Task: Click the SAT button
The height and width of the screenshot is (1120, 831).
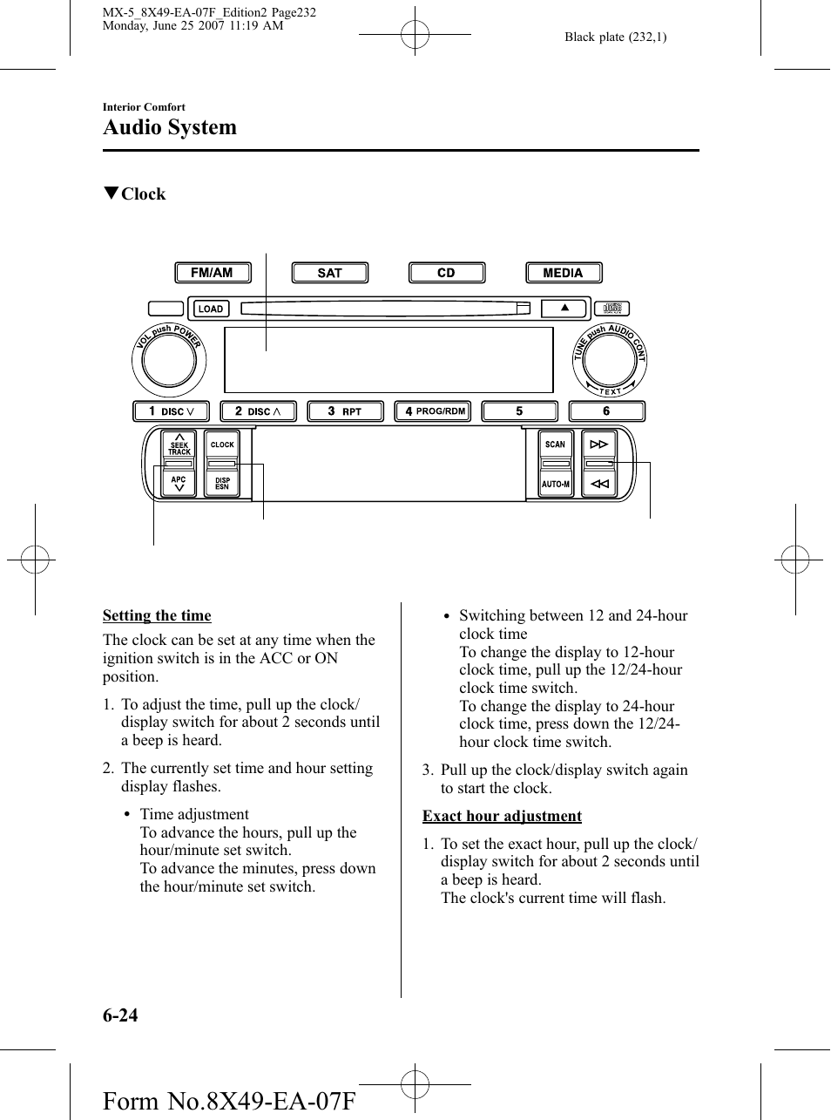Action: coord(329,273)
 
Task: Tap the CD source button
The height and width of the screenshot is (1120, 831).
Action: coord(447,273)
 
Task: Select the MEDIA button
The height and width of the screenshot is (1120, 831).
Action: coord(564,273)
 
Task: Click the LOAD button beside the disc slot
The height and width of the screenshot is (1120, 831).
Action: coord(211,309)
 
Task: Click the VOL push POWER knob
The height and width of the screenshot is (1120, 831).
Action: coord(169,360)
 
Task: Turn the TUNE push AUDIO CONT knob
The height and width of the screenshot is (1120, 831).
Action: coord(610,360)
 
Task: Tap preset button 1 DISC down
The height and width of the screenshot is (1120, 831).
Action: coord(171,411)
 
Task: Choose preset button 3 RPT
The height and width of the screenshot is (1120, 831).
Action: coord(345,411)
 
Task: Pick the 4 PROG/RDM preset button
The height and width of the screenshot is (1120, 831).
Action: coord(433,411)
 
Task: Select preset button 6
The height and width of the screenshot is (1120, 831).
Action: coord(607,411)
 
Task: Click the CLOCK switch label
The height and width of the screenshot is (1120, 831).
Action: coord(222,445)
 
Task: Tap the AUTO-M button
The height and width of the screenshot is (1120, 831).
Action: coord(556,484)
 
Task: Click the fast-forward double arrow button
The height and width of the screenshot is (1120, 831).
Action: coord(598,445)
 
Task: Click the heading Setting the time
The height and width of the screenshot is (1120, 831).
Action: coord(157,615)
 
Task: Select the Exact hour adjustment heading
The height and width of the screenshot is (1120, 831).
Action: coord(502,816)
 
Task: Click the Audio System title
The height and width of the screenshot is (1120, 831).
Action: coord(170,127)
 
